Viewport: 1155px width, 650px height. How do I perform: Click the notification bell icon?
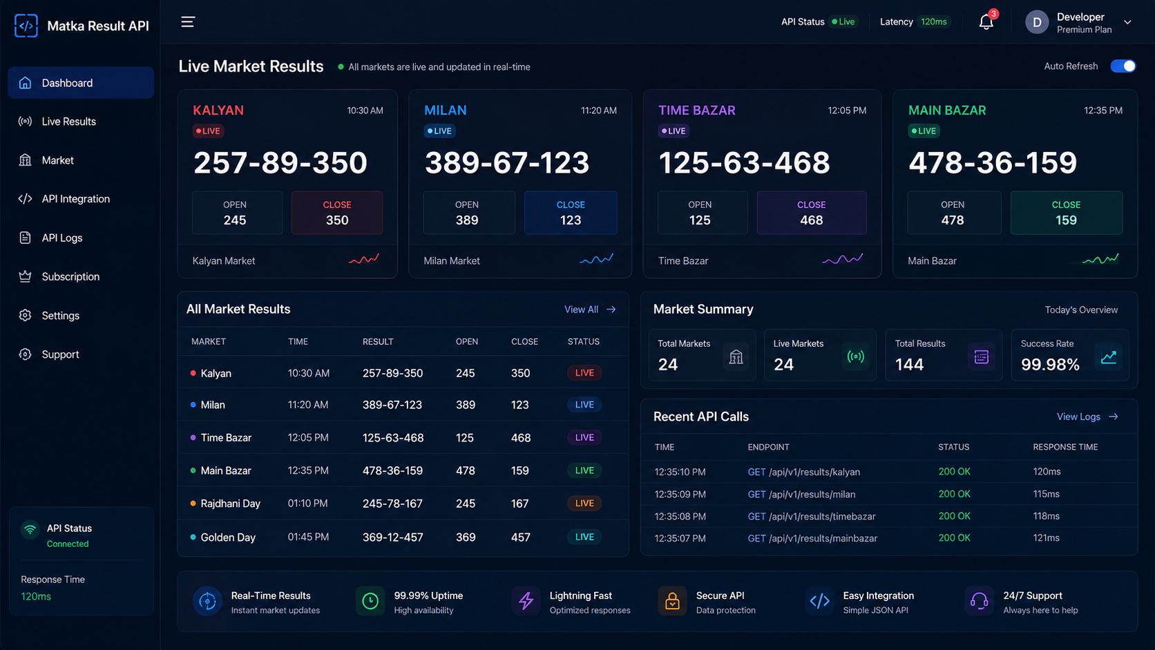[x=986, y=22]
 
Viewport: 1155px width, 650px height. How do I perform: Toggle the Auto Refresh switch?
[x=1123, y=66]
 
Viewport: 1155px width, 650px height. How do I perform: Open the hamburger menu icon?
[x=188, y=21]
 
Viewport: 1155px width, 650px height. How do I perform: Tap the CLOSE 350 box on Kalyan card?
[x=336, y=212]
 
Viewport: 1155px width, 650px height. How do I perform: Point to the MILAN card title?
[x=445, y=111]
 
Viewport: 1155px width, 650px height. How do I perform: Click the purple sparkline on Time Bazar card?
[x=842, y=259]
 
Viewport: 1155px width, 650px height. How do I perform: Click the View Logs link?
[x=1087, y=417]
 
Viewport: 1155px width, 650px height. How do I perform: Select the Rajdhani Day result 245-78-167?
[x=392, y=503]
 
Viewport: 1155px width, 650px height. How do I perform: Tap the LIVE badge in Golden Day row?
[x=584, y=537]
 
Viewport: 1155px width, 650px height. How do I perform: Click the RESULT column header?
[x=377, y=341]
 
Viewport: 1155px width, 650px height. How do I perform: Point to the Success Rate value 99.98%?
[x=1050, y=365]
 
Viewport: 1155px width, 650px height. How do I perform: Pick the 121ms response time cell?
[x=1046, y=537]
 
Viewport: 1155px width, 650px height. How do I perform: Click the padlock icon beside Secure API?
[x=672, y=601]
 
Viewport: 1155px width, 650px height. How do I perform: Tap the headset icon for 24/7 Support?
[x=979, y=601]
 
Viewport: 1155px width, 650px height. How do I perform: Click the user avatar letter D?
[x=1037, y=23]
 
